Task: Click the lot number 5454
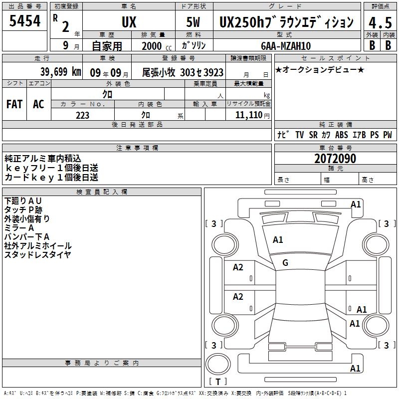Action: pos(24,21)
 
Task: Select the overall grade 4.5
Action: pos(380,22)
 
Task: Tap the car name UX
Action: pos(129,22)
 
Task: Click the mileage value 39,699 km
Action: pos(61,72)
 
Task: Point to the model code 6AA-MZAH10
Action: pos(286,46)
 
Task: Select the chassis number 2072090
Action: pos(335,159)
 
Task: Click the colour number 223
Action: pos(82,115)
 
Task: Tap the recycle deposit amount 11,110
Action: pos(248,115)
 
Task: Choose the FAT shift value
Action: pos(14,104)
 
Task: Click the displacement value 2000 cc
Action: pos(157,46)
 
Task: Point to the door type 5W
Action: pos(193,22)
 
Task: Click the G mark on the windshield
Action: pos(285,263)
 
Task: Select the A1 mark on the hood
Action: pos(278,240)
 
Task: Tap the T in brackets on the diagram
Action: pos(218,382)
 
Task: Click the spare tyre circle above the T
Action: pos(218,364)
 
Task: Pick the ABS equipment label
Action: pos(342,135)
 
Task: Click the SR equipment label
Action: pos(313,135)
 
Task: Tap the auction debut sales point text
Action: pos(320,70)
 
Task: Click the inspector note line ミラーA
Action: pos(19,228)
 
